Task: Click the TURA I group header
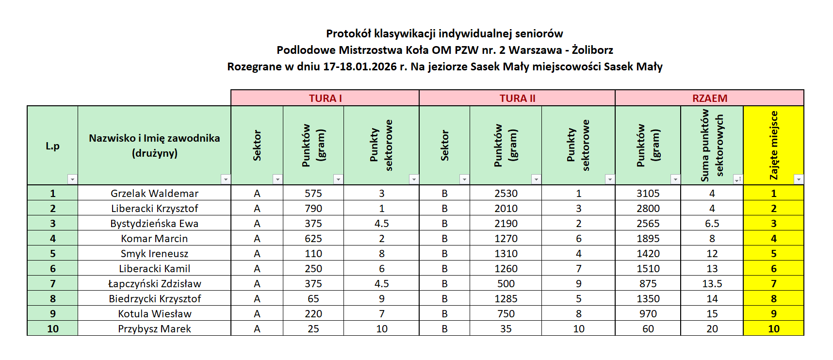(x=325, y=98)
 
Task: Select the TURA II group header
(x=517, y=98)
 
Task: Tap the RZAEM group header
(x=709, y=98)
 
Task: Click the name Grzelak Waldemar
(x=154, y=194)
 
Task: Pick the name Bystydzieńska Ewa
(x=154, y=224)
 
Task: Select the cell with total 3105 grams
(x=648, y=194)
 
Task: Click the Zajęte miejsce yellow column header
(x=773, y=145)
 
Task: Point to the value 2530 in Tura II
(x=506, y=194)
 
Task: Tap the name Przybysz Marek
(x=154, y=329)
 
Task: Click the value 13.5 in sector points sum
(x=712, y=284)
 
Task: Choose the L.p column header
(x=52, y=146)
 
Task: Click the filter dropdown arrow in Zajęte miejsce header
(x=798, y=180)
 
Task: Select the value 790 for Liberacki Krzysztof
(x=313, y=209)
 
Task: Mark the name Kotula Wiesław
(x=154, y=314)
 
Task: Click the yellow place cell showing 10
(x=773, y=329)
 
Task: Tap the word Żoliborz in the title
(x=592, y=50)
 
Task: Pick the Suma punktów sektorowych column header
(x=712, y=145)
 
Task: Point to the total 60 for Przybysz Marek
(x=648, y=329)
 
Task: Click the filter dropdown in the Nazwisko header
(x=226, y=180)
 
